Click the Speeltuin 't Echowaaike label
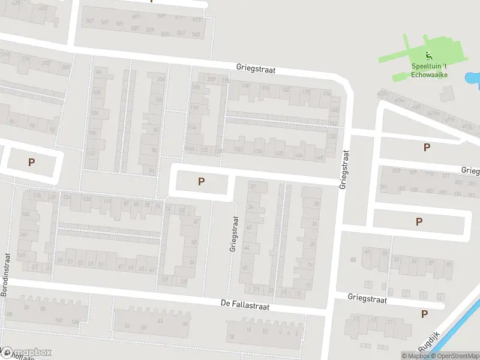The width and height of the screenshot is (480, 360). pos(429,70)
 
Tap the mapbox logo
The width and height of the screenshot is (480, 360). pos(27,353)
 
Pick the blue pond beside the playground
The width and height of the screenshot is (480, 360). pos(473,79)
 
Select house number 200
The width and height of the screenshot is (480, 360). pos(211,79)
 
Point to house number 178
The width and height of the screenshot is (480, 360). pos(306,92)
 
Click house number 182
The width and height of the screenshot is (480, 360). pos(286,90)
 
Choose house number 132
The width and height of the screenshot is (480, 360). pos(238,149)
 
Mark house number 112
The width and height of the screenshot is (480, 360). pos(91,153)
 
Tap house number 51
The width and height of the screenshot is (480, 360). pos(101,264)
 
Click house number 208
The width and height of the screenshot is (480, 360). pos(65,67)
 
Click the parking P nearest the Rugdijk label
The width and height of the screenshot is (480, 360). pos(425,314)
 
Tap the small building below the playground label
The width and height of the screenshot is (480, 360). pos(447,94)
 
